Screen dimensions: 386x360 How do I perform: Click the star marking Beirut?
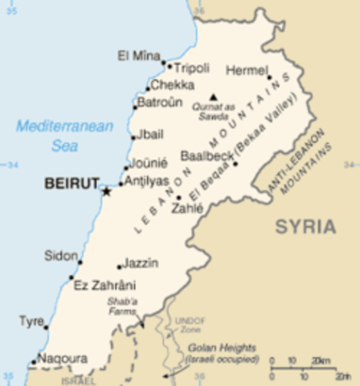pyautogui.click(x=105, y=191)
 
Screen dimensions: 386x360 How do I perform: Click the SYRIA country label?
pyautogui.click(x=305, y=227)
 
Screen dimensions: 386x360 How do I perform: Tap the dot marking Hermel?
pyautogui.click(x=269, y=78)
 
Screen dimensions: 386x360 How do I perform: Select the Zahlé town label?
pyautogui.click(x=186, y=207)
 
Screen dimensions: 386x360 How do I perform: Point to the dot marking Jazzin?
pyautogui.click(x=119, y=267)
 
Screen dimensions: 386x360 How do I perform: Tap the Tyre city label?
pyautogui.click(x=31, y=321)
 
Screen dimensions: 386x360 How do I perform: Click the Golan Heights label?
pyautogui.click(x=223, y=353)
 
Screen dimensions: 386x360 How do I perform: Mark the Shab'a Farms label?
pyautogui.click(x=124, y=307)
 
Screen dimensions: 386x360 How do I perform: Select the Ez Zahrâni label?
pyautogui.click(x=104, y=285)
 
